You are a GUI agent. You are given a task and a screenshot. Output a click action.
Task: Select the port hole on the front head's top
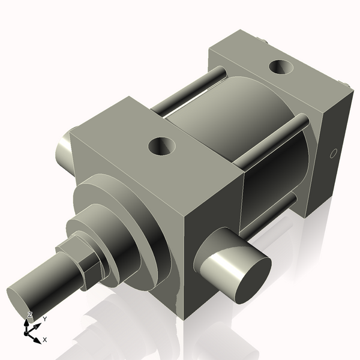pyautogui.click(x=162, y=145)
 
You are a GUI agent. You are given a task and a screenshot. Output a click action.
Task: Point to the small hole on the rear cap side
pyautogui.click(x=333, y=154)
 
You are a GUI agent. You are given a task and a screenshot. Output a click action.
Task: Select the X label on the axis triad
pyautogui.click(x=45, y=340)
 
